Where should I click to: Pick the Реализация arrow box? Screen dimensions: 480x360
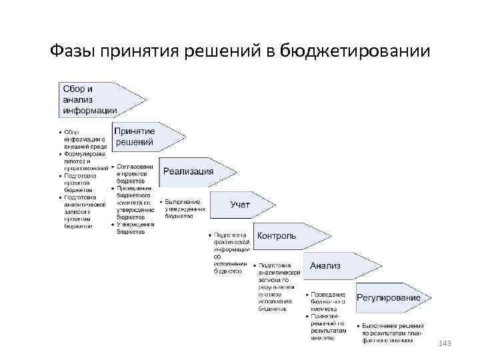coord(193,171)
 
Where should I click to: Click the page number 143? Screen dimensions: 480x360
coord(445,343)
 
